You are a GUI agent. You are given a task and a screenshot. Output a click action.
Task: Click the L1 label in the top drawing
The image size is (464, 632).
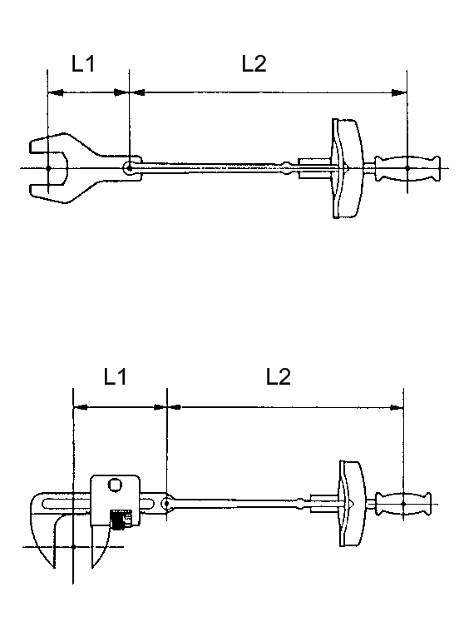[82, 65]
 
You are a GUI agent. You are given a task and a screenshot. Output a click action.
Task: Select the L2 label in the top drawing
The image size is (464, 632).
[254, 64]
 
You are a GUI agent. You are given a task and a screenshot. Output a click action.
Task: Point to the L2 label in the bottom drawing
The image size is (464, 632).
[278, 377]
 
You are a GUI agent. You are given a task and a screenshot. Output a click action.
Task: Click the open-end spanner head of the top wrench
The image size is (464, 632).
[58, 167]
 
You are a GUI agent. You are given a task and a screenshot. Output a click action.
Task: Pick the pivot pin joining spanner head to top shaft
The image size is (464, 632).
[129, 168]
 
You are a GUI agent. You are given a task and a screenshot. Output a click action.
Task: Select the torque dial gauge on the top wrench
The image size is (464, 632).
[345, 169]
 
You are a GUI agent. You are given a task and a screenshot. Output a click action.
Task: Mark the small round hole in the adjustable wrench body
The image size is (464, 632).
[115, 485]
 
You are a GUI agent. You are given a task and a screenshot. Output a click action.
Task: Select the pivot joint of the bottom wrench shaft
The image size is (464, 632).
[169, 503]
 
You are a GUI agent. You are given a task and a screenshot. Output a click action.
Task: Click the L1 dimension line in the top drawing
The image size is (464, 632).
[87, 93]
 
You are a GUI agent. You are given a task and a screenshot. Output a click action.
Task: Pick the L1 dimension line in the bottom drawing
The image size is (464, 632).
[121, 408]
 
